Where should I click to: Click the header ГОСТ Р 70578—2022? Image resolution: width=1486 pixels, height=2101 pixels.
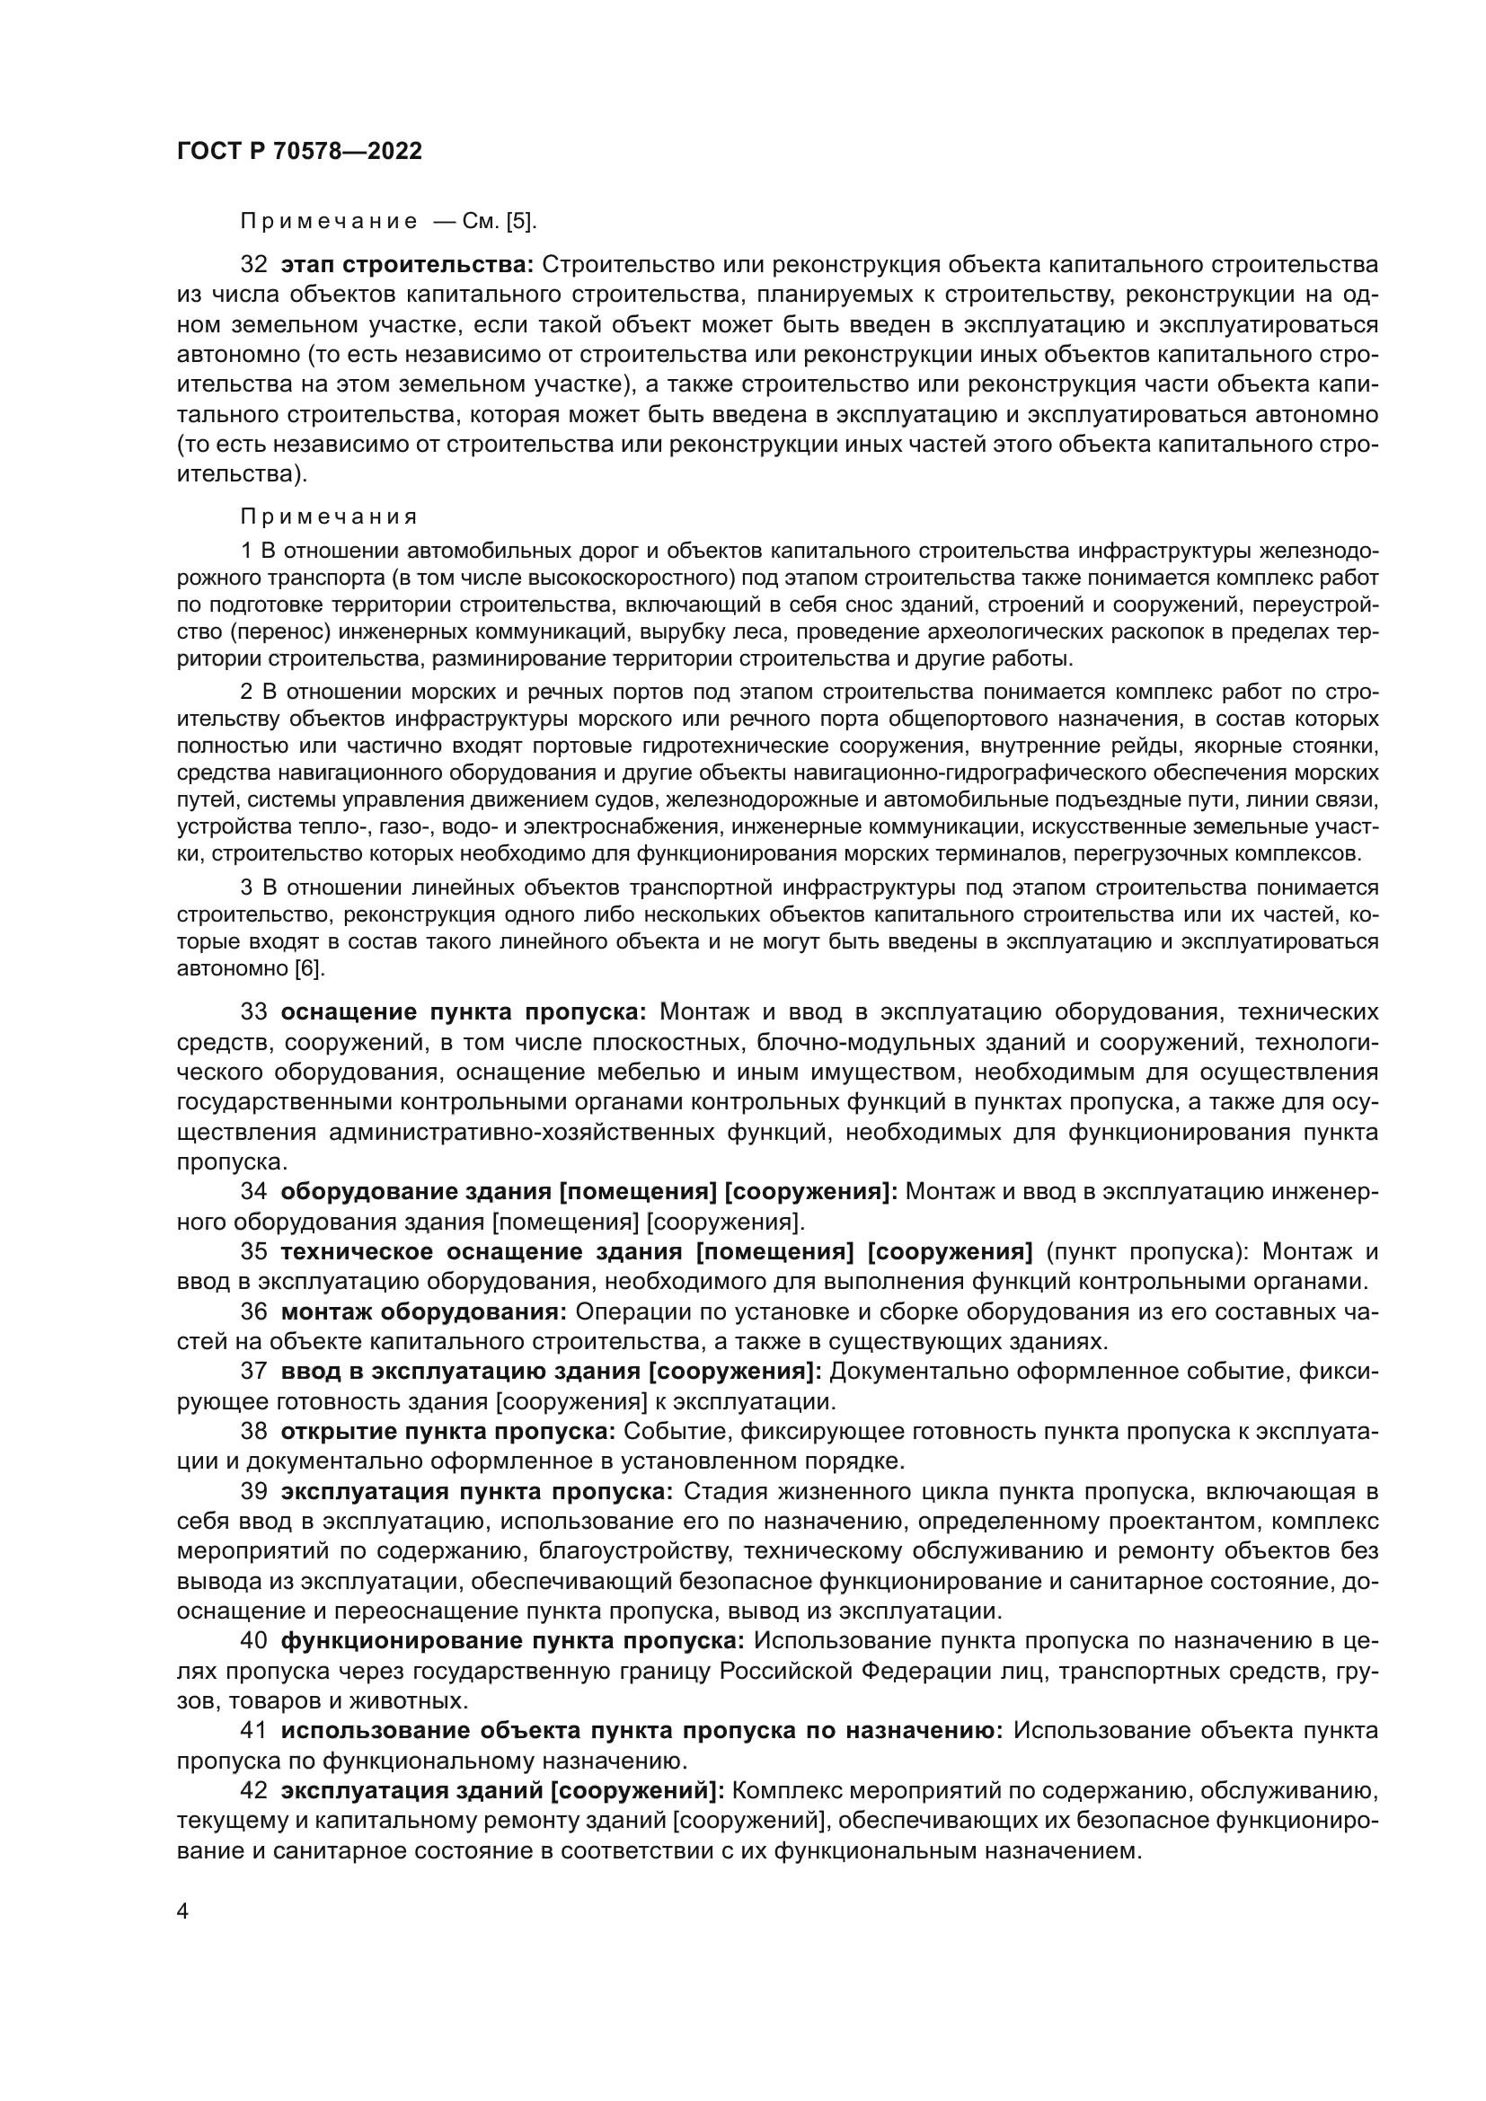(x=299, y=152)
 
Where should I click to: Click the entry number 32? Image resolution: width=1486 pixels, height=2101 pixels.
(x=253, y=265)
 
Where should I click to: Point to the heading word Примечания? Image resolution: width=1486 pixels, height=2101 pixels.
(x=329, y=517)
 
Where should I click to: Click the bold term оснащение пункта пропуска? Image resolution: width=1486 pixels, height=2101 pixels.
(x=464, y=1012)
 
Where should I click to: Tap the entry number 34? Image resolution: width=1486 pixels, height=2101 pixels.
(x=253, y=1192)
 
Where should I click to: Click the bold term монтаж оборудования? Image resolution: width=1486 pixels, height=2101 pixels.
(x=424, y=1312)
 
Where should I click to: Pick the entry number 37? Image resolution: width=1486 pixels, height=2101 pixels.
(x=253, y=1372)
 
